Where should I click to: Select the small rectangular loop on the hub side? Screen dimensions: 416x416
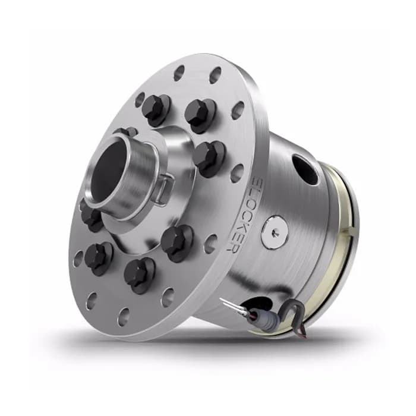161,189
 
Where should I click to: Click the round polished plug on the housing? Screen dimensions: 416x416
275,231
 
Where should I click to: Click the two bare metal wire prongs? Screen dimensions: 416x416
231,307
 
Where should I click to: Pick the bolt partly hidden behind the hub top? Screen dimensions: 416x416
125,132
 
